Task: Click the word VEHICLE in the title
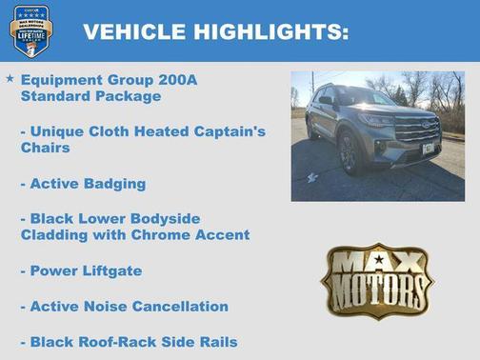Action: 134,31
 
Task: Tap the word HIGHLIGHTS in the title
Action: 269,31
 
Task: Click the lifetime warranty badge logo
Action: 30,30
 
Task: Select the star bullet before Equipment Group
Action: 10,80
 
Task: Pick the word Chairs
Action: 45,148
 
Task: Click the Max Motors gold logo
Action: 376,280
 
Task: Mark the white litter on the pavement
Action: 312,177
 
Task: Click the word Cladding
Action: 56,235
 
